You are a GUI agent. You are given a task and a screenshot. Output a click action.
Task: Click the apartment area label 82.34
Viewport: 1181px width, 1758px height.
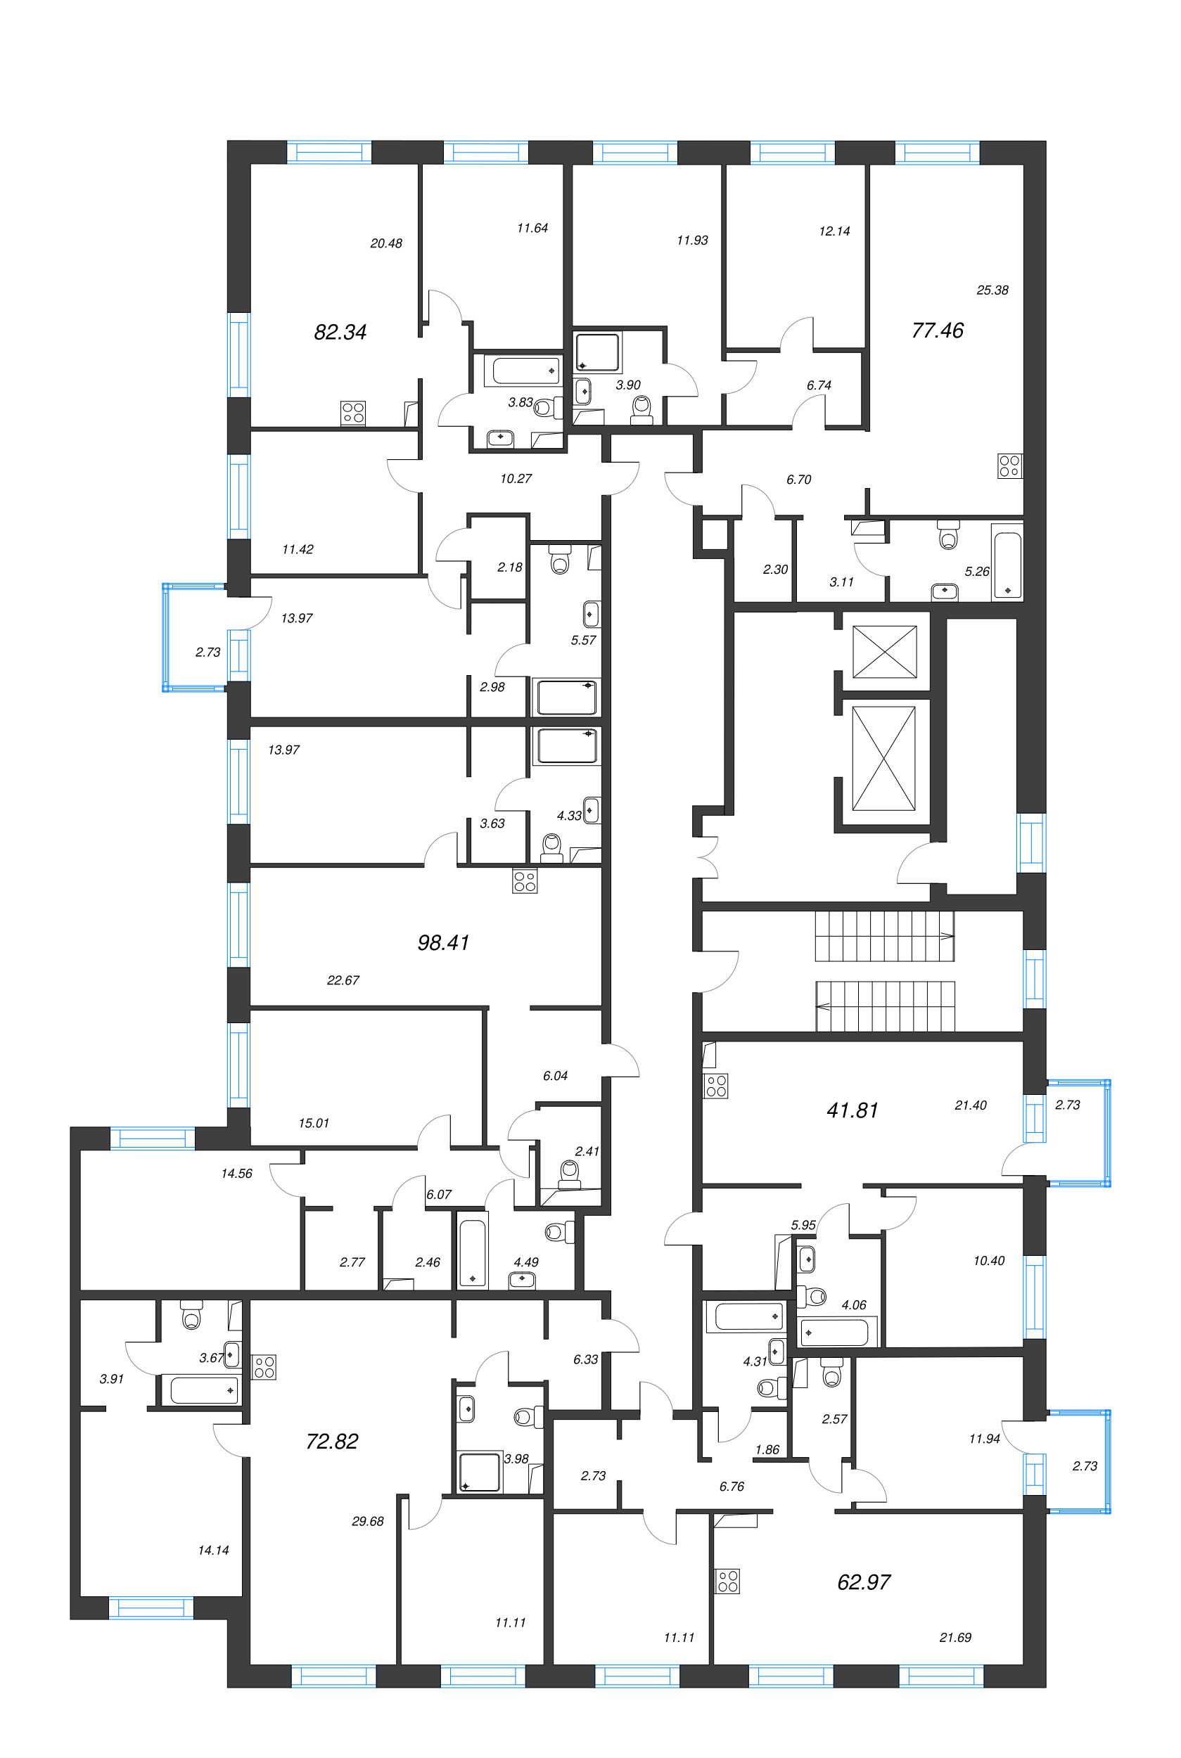(340, 332)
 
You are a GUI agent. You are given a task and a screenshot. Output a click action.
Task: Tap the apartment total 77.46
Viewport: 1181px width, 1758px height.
(938, 331)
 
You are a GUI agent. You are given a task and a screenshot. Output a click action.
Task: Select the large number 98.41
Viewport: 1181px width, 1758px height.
(444, 942)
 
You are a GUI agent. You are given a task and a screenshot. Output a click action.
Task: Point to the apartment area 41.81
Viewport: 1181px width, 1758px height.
(853, 1110)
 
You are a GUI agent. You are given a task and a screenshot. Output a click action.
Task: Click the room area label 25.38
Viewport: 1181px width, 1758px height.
(992, 290)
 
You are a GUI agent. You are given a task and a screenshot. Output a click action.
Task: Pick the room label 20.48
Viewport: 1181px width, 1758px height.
(386, 243)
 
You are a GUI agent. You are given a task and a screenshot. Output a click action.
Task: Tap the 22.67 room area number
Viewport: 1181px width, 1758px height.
(343, 980)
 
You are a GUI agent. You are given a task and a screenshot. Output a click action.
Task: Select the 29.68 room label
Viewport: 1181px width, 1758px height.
(368, 1521)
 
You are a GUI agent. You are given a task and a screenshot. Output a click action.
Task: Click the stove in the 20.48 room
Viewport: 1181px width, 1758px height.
(353, 413)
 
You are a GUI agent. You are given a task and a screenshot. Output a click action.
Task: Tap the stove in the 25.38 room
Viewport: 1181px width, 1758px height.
(1010, 466)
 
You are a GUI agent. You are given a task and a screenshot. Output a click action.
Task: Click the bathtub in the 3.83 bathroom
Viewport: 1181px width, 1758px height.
(526, 371)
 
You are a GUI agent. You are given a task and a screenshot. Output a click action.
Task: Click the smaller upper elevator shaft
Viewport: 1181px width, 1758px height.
(884, 651)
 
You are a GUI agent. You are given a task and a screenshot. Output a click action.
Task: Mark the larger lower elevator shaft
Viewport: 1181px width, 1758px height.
(883, 758)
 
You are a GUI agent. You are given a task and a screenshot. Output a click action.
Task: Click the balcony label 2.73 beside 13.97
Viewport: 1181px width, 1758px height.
(208, 652)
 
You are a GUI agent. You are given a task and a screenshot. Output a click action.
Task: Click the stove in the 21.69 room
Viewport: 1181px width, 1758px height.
(727, 1581)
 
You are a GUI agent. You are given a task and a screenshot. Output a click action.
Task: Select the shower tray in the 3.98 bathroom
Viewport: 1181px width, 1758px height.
(480, 1472)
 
